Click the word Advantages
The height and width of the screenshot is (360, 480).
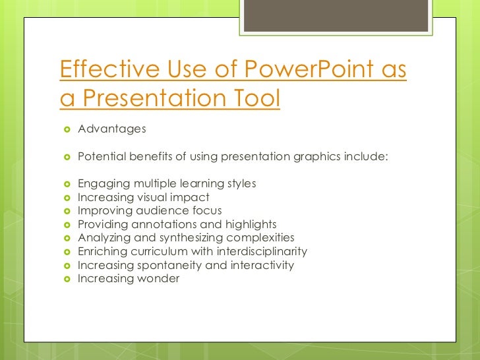(x=111, y=129)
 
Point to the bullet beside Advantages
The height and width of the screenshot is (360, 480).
(x=66, y=129)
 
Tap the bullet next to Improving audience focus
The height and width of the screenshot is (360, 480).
(x=66, y=211)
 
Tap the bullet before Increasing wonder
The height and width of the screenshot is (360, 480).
(x=66, y=279)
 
